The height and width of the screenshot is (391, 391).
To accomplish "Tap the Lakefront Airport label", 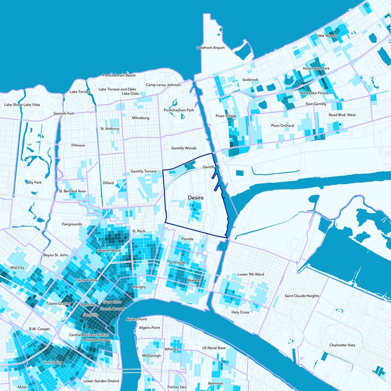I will pos(210,48).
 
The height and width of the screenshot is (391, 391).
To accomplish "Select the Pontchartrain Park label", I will pos(179,110).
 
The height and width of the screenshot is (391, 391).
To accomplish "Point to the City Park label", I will pos(35,182).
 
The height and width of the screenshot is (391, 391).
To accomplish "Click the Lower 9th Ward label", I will pos(250,275).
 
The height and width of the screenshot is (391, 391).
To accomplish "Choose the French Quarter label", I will pos(111,309).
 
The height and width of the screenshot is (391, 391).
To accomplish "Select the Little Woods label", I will pos(327,36).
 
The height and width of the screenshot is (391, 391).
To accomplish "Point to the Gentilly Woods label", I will pos(184,148).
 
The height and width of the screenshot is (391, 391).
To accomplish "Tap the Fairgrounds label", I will pos(72,224).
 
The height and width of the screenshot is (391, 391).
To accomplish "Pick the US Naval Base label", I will pos(214,348).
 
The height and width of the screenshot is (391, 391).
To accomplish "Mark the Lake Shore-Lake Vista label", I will pos(22,105).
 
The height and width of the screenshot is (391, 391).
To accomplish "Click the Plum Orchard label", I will pos(282,126).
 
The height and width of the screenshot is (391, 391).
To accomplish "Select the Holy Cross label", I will pos(240,312).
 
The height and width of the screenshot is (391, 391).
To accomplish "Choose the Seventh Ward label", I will pos(109,251).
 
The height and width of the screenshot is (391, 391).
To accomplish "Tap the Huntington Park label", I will pos(316,68).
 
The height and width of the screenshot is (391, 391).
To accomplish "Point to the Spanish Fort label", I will pos(64,113).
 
